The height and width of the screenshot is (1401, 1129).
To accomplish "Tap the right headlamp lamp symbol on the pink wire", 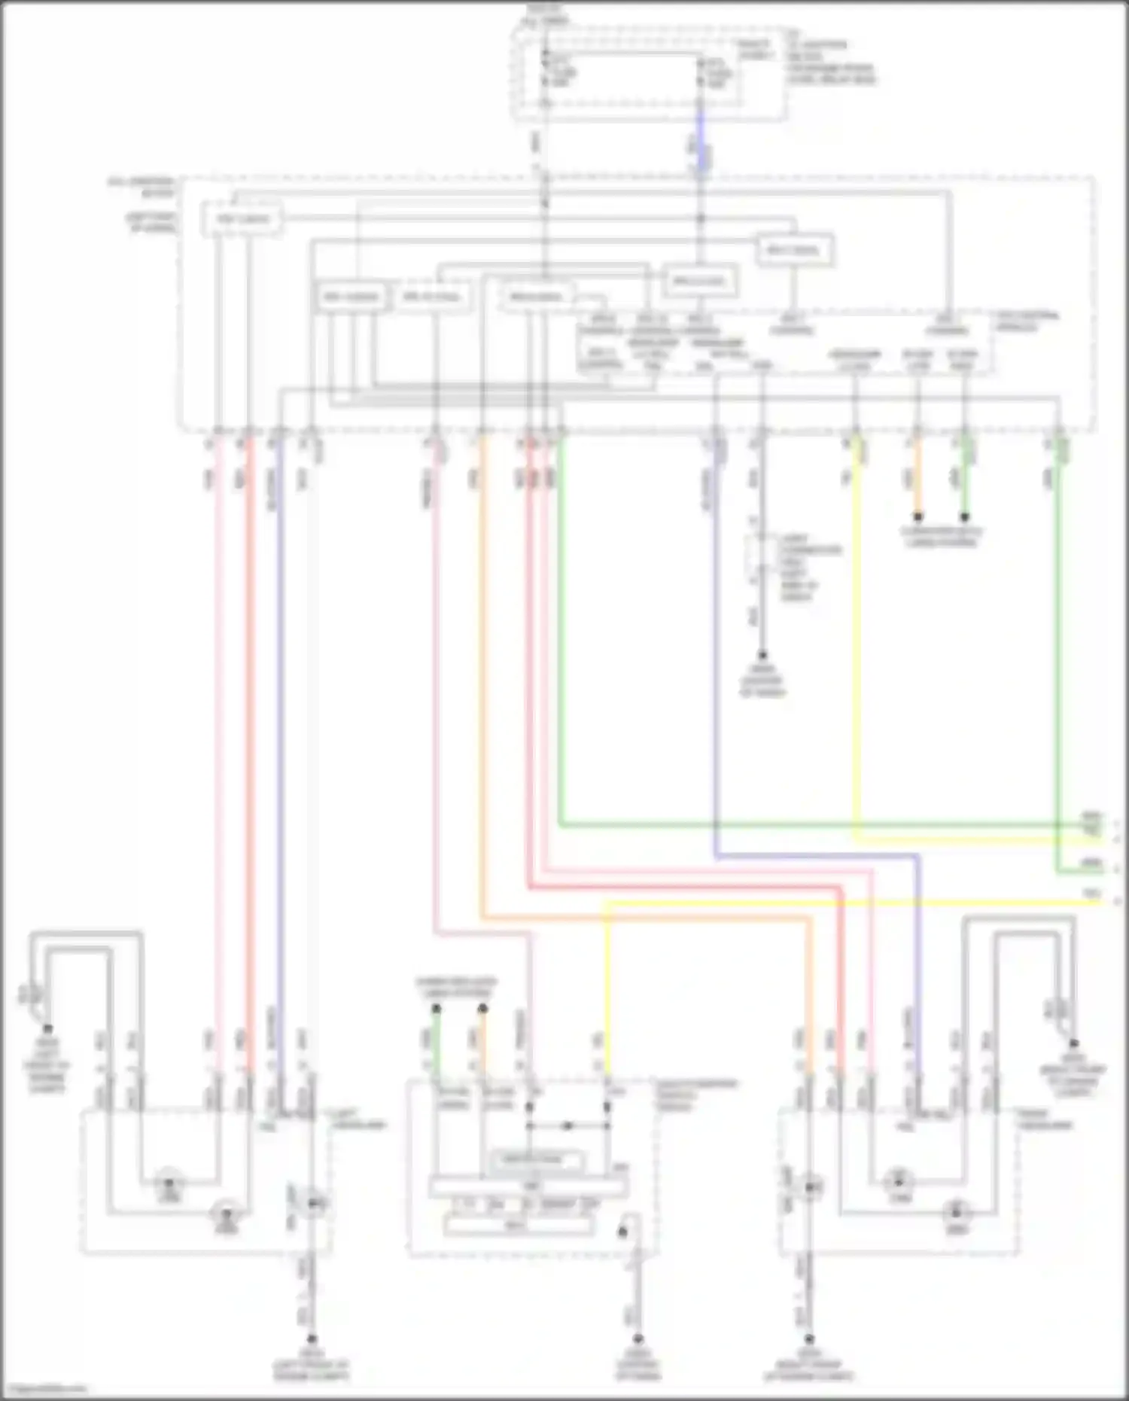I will click(x=899, y=1180).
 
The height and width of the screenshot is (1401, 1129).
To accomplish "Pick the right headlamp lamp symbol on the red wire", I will click(x=956, y=1213).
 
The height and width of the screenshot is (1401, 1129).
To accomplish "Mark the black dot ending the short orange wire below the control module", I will click(x=918, y=517).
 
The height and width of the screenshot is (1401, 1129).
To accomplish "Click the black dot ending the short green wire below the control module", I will click(x=965, y=517).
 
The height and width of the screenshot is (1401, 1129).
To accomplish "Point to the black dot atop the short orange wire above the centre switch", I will click(x=483, y=1008).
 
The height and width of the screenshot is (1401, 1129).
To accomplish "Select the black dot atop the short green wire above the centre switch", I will click(x=437, y=1008).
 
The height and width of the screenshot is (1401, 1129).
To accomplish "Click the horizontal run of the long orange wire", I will click(x=647, y=918).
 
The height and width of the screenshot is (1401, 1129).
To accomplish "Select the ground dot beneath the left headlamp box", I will click(x=312, y=1339).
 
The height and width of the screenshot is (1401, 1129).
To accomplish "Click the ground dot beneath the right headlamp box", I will click(x=810, y=1339).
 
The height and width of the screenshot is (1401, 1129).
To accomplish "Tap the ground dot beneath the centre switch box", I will click(x=638, y=1339).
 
